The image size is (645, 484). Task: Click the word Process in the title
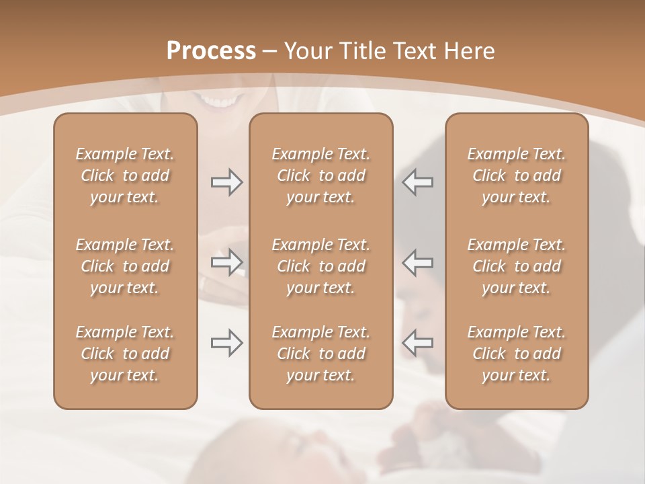pos(211,51)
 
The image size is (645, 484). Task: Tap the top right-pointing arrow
pos(226,182)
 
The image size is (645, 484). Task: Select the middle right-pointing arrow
pos(226,262)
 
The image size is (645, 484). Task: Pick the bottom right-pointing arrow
pos(226,343)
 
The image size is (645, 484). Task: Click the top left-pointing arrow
pos(418,182)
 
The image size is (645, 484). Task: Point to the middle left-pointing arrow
pos(418,262)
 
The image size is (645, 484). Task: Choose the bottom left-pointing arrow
pos(418,343)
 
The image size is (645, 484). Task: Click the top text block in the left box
pos(125,175)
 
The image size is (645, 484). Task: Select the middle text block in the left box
pos(125,266)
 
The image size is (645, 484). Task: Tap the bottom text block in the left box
pos(125,354)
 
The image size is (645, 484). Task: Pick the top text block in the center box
pos(320,175)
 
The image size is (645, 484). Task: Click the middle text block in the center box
pos(320,266)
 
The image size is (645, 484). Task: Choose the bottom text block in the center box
pos(320,354)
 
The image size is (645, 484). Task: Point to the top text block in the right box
pos(516,175)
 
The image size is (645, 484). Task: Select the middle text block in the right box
pos(516,266)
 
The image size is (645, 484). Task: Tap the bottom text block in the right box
pos(516,354)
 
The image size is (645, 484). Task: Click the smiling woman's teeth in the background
pos(222,102)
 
